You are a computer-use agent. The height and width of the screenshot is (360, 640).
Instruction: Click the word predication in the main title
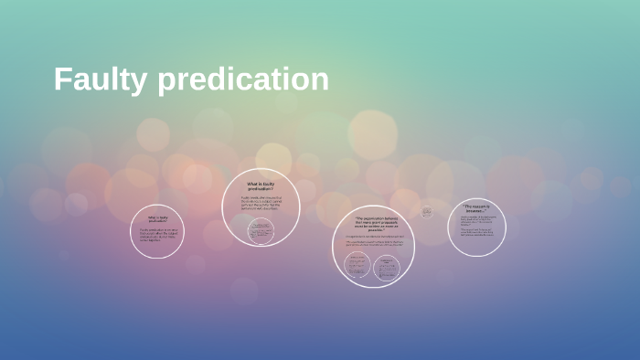243,79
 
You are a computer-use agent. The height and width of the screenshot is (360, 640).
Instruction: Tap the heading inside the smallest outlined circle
158,218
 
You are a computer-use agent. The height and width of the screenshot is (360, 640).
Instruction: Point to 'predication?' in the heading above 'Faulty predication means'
261,188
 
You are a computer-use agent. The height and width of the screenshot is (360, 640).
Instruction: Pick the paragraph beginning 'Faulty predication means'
261,205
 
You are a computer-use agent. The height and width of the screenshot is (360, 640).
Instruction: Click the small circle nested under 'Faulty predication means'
261,230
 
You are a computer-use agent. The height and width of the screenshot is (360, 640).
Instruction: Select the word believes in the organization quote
391,218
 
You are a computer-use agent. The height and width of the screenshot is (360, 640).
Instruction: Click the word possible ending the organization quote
373,230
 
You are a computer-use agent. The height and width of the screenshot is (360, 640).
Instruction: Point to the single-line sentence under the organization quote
373,237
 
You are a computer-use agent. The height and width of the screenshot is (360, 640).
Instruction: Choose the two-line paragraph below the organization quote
373,244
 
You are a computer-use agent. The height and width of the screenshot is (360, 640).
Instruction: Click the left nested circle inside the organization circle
357,266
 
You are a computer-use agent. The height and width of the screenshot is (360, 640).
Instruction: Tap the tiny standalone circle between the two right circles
426,211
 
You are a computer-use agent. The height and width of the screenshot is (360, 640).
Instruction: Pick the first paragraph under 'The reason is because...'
477,221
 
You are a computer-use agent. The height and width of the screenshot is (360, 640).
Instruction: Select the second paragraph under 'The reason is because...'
477,233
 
